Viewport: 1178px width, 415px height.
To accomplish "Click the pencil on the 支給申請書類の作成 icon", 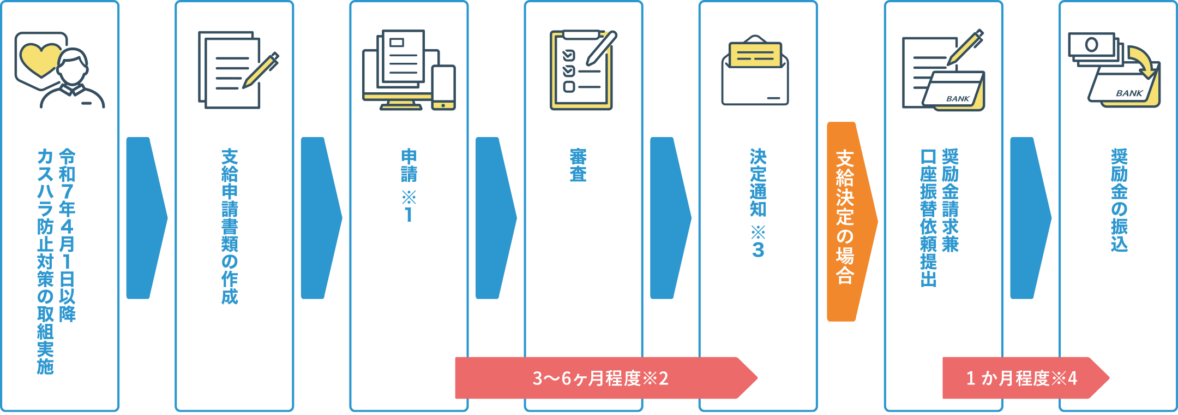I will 261,70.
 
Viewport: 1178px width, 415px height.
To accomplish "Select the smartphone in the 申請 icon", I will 443,87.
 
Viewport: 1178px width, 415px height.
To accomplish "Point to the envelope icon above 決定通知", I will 755,74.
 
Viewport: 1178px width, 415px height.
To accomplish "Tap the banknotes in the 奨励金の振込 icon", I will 1092,46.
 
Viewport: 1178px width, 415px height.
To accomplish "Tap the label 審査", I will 578,165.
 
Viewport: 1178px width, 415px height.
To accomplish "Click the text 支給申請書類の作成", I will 230,226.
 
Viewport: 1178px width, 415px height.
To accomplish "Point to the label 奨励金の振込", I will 1119,200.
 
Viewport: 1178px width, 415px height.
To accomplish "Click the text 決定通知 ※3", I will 758,202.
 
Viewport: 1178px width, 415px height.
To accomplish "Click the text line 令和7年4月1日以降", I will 67,235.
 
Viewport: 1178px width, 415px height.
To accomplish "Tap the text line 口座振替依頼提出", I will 928,217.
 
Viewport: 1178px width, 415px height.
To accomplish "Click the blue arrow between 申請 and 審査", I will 494,218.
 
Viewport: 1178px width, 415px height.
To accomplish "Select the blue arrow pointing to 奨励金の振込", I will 1028,218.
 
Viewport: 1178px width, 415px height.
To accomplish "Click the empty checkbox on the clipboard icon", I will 569,87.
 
